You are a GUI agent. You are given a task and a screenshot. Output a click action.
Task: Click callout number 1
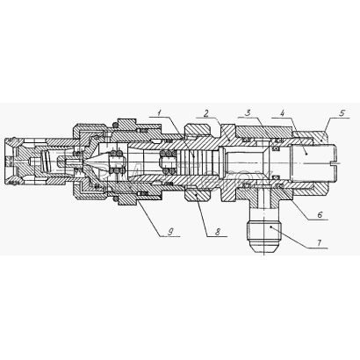tap(159, 112)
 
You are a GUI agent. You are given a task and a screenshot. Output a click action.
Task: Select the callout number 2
tap(206, 112)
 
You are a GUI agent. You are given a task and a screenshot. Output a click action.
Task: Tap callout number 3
tap(248, 112)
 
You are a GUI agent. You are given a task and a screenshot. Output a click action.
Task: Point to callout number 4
tap(282, 112)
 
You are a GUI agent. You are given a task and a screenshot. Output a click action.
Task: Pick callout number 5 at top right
tap(342, 113)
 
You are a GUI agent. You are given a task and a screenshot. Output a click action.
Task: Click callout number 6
tap(320, 214)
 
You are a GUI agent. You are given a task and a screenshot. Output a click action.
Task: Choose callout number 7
tap(319, 243)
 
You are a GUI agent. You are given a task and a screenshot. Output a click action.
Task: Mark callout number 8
tap(217, 232)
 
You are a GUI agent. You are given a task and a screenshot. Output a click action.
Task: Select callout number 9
tap(169, 232)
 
